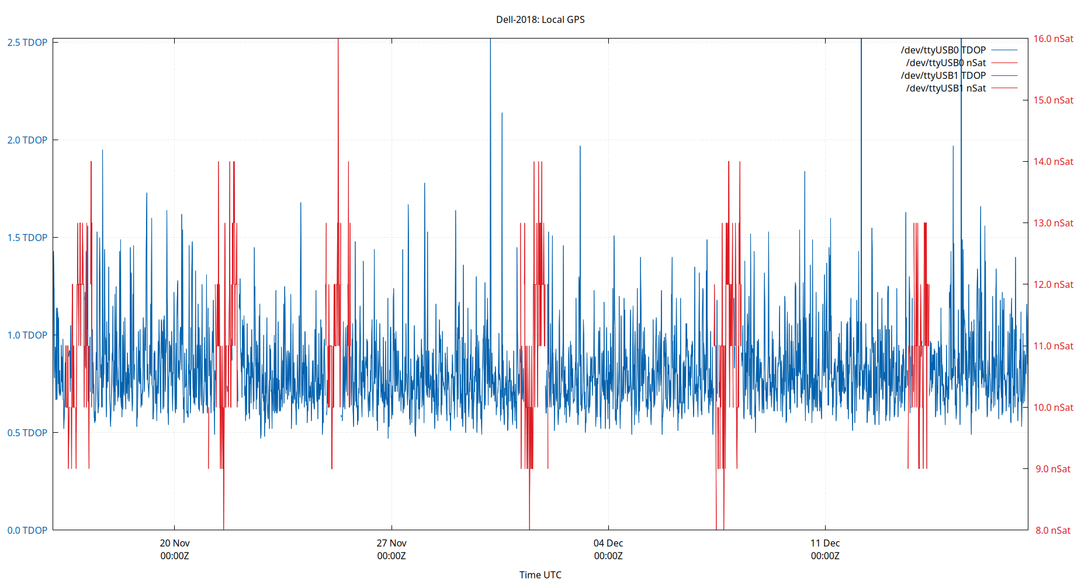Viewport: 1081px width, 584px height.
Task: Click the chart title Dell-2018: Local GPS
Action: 540,19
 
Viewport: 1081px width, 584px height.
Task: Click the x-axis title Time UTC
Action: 540,575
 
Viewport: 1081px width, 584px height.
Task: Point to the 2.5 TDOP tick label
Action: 27,43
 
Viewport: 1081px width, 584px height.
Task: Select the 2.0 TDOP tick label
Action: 27,140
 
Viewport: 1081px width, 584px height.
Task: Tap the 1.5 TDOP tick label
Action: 27,238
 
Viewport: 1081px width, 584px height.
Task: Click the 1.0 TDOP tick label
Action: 27,335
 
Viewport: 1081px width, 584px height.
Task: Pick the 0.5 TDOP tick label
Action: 27,433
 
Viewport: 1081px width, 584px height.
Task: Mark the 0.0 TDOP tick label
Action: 27,530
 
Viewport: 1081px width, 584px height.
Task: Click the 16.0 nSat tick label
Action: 1053,39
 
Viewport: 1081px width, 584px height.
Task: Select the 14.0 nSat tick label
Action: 1053,162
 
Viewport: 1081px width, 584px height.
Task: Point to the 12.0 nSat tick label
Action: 1053,284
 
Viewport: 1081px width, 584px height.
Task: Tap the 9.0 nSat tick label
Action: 1053,469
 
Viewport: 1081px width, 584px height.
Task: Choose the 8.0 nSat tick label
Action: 1053,530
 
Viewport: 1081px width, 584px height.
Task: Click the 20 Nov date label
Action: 175,543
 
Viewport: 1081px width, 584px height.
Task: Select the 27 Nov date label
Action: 391,543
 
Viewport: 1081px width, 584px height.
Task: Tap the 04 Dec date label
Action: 608,543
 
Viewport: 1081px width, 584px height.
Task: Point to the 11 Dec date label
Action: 825,543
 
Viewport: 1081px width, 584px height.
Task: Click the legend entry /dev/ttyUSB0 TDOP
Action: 943,50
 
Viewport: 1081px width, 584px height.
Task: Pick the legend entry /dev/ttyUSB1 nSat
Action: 945,88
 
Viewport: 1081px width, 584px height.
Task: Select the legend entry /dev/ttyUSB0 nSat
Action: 945,63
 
